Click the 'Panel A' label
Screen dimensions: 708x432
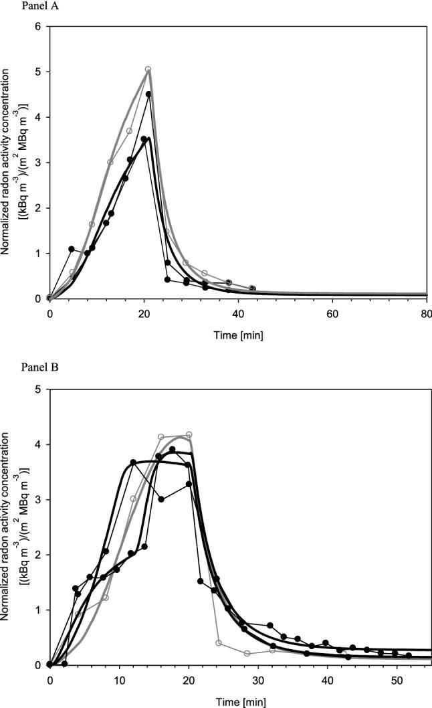19,6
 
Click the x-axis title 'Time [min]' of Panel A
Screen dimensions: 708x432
239,335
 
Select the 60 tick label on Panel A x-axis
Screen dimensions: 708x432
333,313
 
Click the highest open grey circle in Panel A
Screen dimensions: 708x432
148,69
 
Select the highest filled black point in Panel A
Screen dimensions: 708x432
148,94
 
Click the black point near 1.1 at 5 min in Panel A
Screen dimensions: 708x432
72,249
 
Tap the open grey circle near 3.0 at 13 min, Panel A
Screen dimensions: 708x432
110,162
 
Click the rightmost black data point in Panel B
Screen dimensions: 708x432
409,655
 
